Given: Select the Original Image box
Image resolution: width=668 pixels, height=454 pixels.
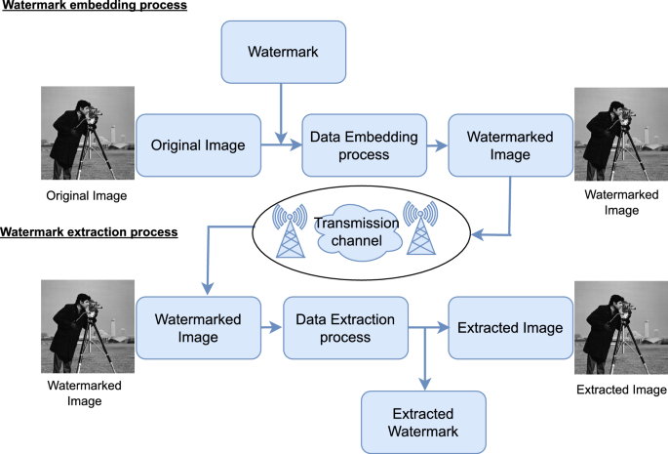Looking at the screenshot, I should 204,144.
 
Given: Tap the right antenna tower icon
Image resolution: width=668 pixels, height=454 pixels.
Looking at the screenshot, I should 422,230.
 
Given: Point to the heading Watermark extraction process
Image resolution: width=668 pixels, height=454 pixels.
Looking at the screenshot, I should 89,233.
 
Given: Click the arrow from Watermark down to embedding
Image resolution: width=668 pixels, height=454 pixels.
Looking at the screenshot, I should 281,111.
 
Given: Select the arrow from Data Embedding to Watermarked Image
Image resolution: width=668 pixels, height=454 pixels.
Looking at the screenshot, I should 433,145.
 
